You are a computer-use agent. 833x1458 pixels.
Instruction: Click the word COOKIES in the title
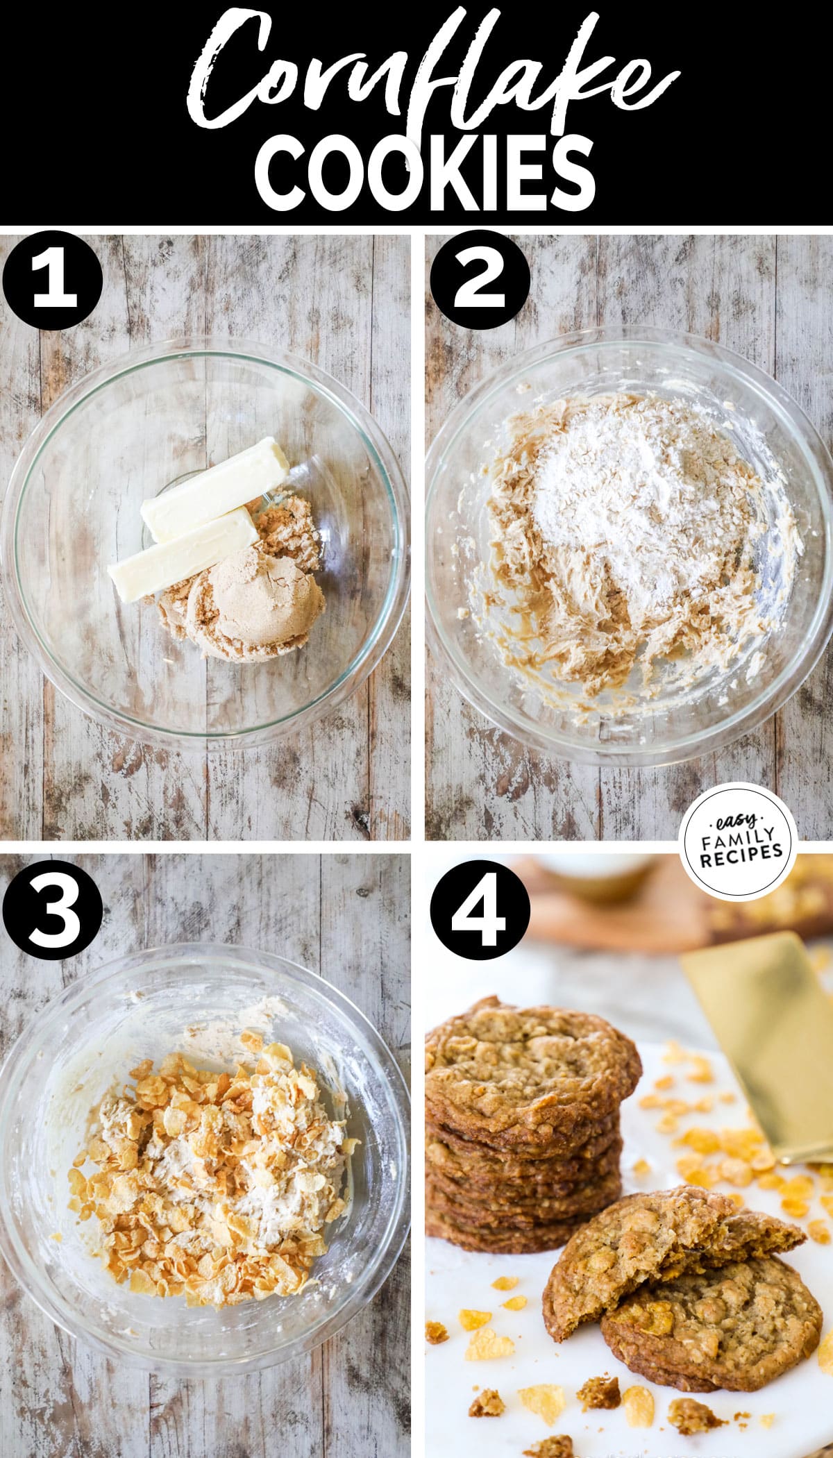425,171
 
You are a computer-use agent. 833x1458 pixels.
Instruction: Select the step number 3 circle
52,910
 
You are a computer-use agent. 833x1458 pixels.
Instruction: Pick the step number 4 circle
479,910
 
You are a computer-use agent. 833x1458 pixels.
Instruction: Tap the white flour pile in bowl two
611,514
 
